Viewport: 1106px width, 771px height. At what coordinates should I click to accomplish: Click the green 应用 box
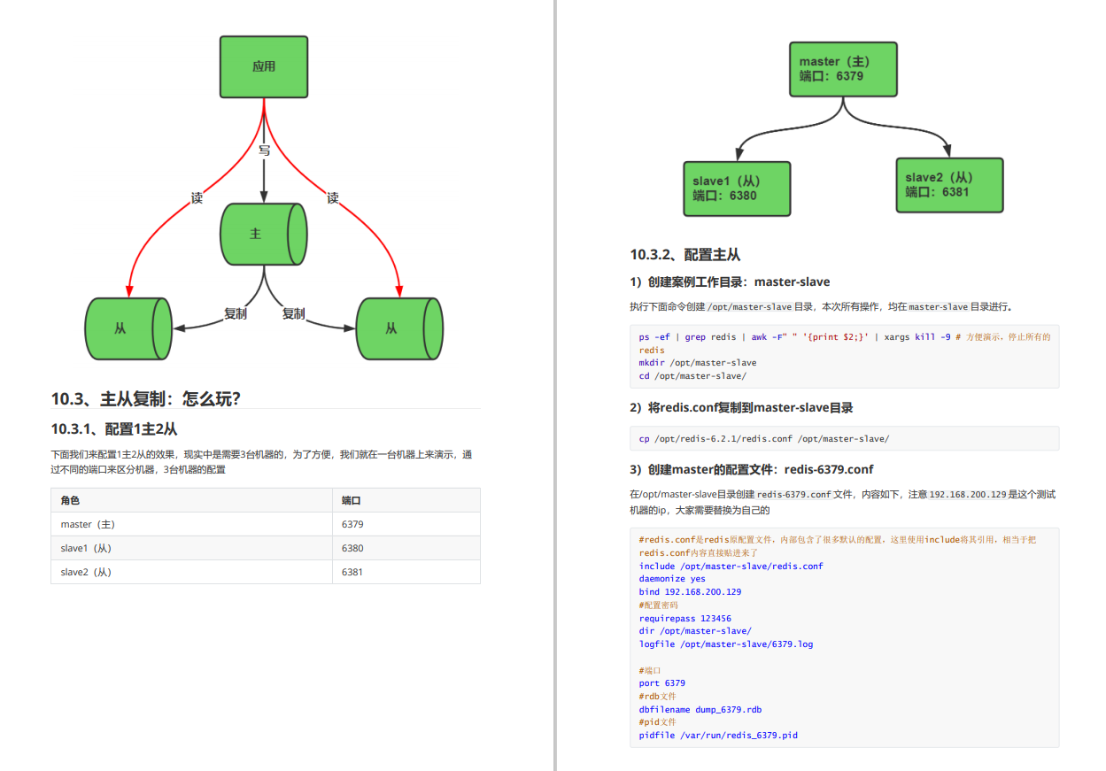point(263,66)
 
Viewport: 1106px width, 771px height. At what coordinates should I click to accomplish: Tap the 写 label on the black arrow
point(264,150)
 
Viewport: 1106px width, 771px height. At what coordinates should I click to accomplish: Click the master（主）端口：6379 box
point(844,68)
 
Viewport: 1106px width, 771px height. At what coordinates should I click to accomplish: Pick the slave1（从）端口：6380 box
point(736,189)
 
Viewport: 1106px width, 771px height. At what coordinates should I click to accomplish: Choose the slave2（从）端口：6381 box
point(949,185)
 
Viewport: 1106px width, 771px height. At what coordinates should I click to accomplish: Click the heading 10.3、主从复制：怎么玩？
point(146,399)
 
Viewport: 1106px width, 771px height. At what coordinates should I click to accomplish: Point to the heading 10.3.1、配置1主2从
point(114,429)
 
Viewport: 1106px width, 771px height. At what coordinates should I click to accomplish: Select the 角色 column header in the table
point(70,500)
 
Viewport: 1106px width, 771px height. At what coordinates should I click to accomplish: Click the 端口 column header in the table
point(352,500)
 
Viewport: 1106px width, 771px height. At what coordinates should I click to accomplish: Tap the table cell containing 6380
point(352,548)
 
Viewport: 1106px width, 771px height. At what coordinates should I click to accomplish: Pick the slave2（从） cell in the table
point(86,572)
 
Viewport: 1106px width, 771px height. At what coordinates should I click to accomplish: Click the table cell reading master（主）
point(88,524)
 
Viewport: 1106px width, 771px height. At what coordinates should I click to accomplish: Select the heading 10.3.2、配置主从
point(684,255)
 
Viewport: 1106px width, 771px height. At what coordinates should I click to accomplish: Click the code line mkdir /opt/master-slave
point(698,362)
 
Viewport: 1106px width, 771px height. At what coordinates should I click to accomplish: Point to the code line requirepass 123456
point(685,619)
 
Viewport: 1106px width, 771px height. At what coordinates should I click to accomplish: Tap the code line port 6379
point(662,683)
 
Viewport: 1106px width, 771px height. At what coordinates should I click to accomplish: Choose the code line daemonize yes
point(672,579)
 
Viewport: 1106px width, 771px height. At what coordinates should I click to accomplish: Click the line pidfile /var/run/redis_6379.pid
point(718,735)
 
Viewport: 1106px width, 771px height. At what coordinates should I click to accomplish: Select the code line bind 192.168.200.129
point(690,592)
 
